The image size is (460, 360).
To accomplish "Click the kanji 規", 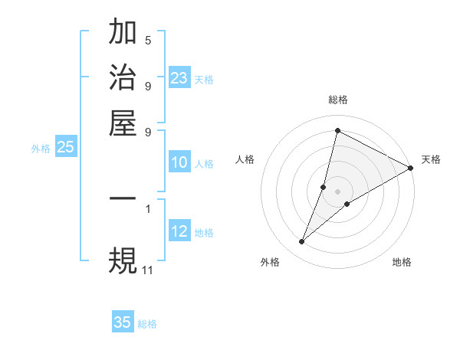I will [123, 260].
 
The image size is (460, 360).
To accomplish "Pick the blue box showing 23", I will [179, 78].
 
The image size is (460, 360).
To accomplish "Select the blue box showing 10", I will [179, 162].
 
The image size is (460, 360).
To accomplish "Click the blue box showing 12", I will [179, 231].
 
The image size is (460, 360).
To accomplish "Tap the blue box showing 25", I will [65, 148].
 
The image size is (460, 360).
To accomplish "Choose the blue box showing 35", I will [123, 322].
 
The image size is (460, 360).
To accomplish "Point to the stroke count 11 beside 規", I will [147, 270].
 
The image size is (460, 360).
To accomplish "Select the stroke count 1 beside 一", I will [148, 208].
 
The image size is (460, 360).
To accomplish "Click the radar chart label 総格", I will [337, 100].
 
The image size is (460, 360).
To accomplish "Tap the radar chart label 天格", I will [431, 159].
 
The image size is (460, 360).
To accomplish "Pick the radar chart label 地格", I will [402, 263].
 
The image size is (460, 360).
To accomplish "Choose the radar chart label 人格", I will [245, 159].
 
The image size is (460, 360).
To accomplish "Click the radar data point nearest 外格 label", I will [302, 242].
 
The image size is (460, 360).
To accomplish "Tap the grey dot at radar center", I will [337, 191].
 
